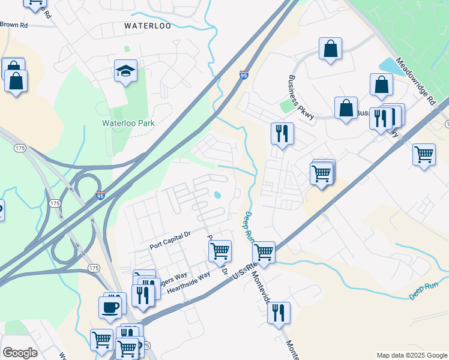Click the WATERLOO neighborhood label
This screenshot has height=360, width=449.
coord(147,26)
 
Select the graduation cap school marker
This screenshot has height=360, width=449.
coord(126,72)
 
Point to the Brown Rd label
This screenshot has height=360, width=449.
coord(14,25)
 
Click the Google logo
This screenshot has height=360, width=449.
coord(20,353)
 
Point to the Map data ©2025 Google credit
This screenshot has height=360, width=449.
coord(412,355)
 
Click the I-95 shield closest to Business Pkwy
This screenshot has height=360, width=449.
coord(243,74)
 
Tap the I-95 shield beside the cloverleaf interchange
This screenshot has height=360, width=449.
coord(101,196)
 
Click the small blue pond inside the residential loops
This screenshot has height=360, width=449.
coord(217,194)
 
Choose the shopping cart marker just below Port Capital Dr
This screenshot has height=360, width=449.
coord(220,251)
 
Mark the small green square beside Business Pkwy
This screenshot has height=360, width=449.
coord(286,107)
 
